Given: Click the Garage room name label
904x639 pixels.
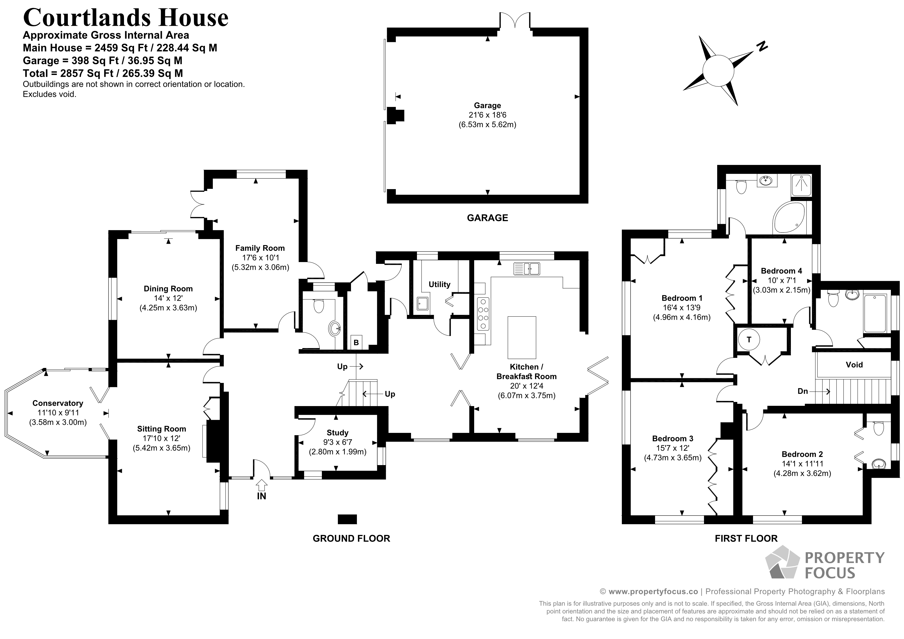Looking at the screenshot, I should pos(487,106).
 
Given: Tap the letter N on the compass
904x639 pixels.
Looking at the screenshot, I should pos(762,46).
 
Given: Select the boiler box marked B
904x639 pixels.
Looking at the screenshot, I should pos(356,342).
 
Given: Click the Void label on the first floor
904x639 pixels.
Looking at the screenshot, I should pos(854,365).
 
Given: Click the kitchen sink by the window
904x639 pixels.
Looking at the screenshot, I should pos(526,269).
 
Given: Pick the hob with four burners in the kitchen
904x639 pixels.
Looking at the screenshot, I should pos(483,313).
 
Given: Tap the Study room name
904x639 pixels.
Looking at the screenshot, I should pos(337,433).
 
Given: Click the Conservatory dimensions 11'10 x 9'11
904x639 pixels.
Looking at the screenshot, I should pos(57,413).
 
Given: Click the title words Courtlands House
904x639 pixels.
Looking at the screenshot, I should pos(125,18).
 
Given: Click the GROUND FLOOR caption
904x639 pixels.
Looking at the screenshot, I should pos(351,539).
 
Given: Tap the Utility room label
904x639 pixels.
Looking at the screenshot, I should pos(439,284).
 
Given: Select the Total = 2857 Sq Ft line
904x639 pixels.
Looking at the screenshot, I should pos(103,73).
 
